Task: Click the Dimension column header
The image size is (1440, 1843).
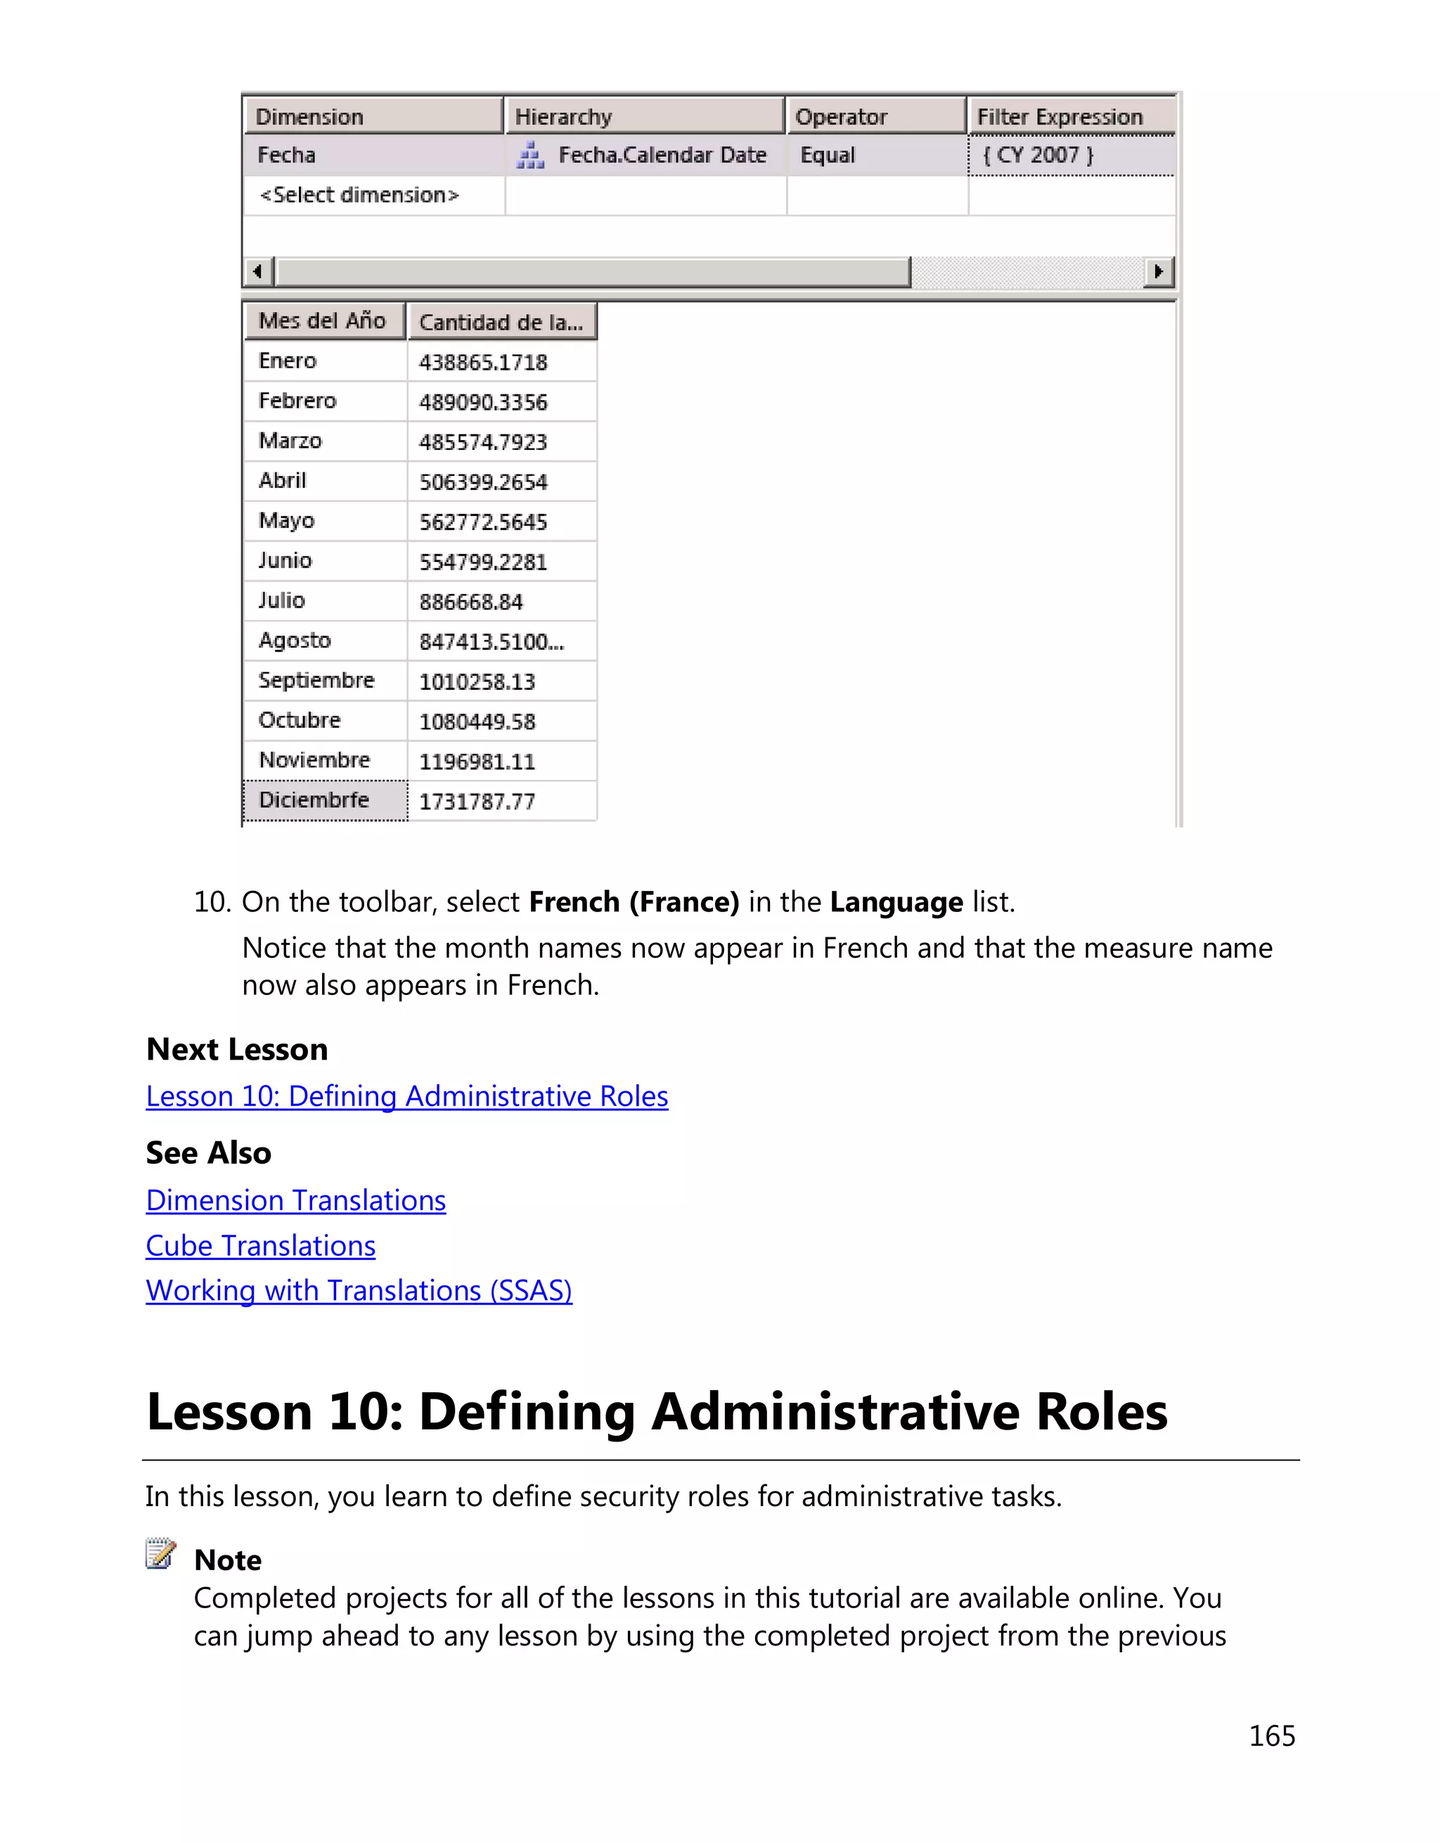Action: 373,117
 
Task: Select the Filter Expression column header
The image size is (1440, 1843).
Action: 1069,117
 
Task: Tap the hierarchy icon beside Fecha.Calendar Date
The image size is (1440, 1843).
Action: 529,156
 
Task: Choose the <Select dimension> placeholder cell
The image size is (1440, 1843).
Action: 359,195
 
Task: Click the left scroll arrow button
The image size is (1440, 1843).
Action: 258,271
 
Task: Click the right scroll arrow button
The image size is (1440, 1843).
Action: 1158,271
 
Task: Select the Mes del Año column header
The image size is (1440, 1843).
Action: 323,321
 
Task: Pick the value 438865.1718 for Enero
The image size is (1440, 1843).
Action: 483,362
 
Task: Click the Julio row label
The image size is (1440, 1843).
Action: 282,600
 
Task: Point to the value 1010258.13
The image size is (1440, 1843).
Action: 477,681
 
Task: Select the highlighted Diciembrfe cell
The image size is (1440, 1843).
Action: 325,800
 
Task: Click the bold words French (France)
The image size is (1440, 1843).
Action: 634,902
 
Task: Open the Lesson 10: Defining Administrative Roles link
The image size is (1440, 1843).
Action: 406,1096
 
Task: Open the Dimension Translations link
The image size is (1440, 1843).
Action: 295,1200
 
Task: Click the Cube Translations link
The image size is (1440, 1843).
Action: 260,1245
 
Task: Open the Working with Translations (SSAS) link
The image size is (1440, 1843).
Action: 359,1290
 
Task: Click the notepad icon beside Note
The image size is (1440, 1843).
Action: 160,1553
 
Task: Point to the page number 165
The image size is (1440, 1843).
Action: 1271,1736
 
